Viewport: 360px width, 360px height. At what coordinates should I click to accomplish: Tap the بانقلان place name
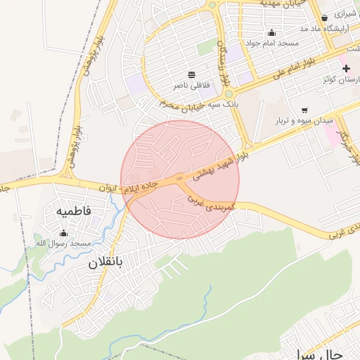(x=105, y=264)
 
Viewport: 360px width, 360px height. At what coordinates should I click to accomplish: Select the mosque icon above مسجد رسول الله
(x=64, y=233)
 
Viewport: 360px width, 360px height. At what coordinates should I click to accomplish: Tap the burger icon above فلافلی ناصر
(x=191, y=75)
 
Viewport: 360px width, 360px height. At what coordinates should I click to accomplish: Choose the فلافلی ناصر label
(x=191, y=85)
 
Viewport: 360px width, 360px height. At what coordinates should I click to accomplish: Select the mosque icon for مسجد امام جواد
(x=272, y=32)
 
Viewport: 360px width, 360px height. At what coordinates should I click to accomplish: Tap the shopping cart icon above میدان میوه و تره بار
(x=304, y=110)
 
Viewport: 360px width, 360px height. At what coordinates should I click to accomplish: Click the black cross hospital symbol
(x=346, y=68)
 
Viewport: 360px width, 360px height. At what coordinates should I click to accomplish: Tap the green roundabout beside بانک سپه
(x=229, y=93)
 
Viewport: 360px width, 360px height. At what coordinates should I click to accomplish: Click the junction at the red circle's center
(x=180, y=179)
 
